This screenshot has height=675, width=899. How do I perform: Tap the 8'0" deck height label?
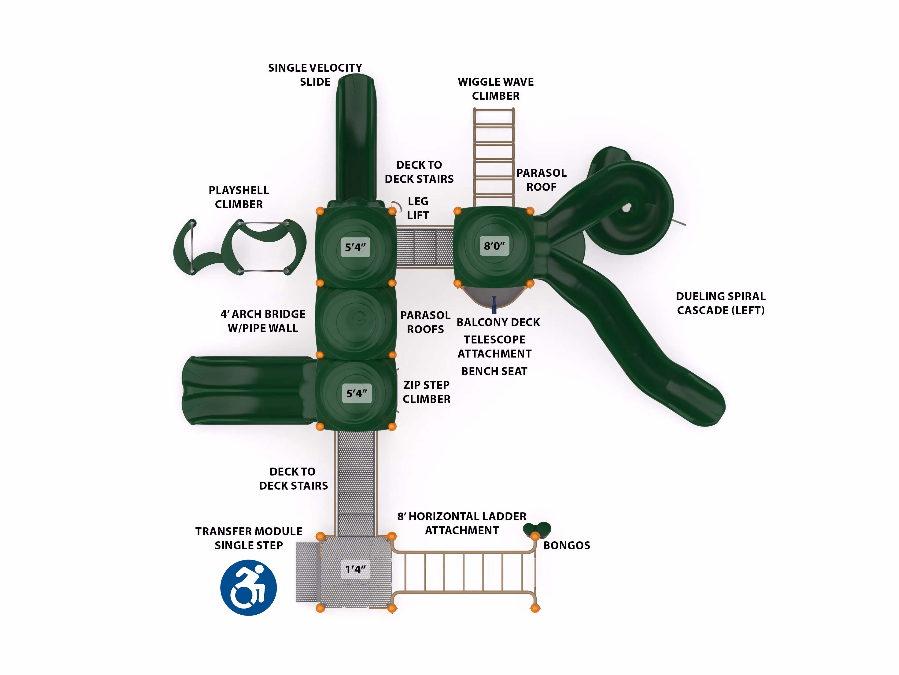[x=494, y=246]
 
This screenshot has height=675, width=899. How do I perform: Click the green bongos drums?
[x=537, y=529]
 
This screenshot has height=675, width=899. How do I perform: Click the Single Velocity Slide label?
[x=315, y=75]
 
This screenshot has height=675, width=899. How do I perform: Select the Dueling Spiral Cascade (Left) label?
[x=721, y=303]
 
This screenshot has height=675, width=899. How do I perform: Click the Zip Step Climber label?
[x=426, y=392]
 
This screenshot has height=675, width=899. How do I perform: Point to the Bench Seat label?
[x=494, y=371]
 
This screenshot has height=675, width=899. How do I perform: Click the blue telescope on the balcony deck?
[x=494, y=305]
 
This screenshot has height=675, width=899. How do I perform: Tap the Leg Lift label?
[x=418, y=208]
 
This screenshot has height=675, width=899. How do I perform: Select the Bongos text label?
[x=567, y=545]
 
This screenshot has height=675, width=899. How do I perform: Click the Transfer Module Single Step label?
[x=249, y=539]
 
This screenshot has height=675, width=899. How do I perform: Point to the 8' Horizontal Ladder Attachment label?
[x=462, y=524]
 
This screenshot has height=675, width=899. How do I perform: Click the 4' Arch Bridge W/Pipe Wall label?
[x=263, y=321]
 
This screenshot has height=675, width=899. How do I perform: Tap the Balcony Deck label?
[x=498, y=322]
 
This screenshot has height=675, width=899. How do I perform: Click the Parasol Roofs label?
[x=426, y=322]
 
